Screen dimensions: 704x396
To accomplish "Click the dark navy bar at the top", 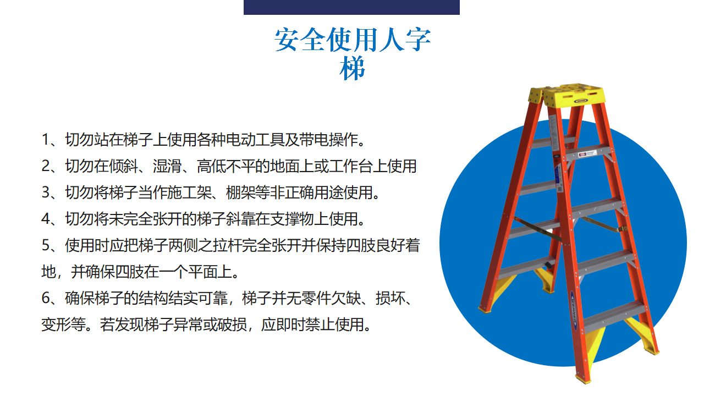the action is point(351,7).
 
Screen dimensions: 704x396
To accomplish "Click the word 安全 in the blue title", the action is point(300,40).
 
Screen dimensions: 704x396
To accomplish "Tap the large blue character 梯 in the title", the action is point(352,68).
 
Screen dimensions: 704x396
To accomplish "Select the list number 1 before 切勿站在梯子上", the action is point(45,140).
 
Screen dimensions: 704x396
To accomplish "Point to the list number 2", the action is point(45,166).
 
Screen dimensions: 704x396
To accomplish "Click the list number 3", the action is point(45,193).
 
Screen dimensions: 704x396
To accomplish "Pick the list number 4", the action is point(45,219).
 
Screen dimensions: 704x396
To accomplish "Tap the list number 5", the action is point(45,245).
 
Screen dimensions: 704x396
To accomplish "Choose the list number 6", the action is point(45,298).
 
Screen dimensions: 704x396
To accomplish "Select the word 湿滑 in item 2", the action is point(167,166).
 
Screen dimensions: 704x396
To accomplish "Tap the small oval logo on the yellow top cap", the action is point(581,101).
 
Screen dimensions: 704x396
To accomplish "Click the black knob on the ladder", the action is point(549,265).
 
